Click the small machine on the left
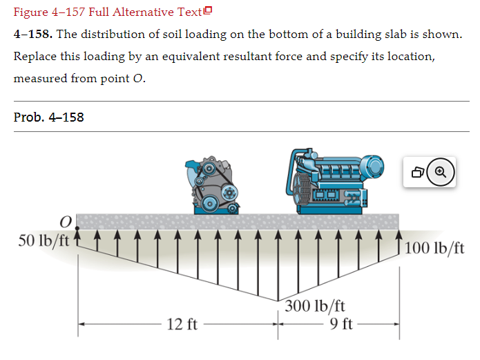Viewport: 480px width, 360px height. (x=213, y=185)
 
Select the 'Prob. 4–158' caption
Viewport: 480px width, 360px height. (x=49, y=117)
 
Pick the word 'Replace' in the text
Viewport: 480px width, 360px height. (x=35, y=56)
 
